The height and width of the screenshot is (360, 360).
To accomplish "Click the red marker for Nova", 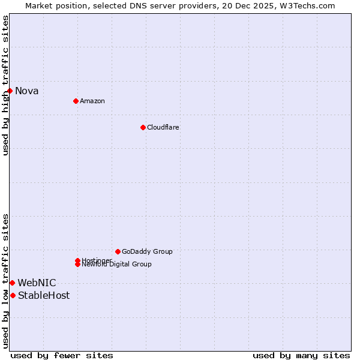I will click(10, 91).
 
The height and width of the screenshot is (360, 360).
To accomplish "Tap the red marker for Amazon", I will click(76, 101).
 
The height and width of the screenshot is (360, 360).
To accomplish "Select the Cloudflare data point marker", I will click(143, 127).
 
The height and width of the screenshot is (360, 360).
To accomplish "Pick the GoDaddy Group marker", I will click(118, 251).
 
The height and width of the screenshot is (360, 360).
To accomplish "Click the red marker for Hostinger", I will click(77, 260).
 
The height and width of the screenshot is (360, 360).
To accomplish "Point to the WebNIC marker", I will click(12, 283).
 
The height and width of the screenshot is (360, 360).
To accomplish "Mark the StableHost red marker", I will click(13, 295).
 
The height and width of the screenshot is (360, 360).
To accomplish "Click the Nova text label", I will click(26, 91).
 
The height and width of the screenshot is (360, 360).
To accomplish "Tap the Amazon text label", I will click(92, 101).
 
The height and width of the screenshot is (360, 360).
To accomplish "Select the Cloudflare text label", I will click(163, 127).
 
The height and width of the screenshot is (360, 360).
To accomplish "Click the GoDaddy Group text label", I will click(146, 251).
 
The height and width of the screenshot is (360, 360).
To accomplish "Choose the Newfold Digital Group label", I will click(116, 265).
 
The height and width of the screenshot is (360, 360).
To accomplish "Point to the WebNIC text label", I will click(37, 283).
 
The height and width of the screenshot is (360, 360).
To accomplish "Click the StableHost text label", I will click(43, 296).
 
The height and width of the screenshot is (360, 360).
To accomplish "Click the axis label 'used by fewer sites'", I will click(62, 355).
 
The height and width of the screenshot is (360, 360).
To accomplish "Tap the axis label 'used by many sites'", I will click(301, 355).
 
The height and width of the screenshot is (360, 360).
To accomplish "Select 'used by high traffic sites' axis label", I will click(5, 85).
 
